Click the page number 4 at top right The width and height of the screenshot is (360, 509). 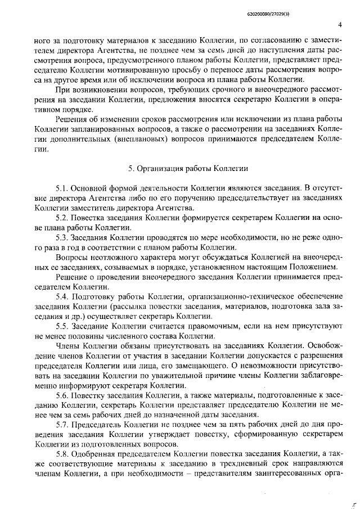(340, 25)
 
